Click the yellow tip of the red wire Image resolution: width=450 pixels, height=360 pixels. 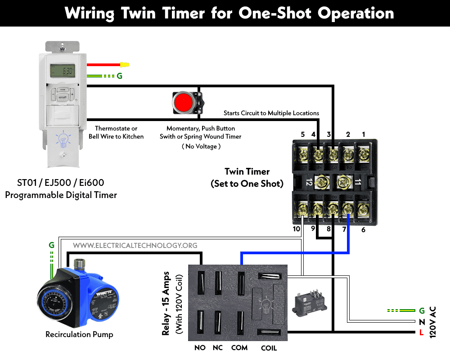coord(125,65)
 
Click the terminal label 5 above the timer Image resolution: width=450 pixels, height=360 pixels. coord(302,134)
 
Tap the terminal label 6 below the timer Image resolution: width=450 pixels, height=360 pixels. coord(363,230)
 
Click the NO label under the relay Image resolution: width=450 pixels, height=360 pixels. coord(200,348)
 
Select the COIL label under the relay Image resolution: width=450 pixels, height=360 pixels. coord(269,348)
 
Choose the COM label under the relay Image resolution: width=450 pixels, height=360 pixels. coord(239,348)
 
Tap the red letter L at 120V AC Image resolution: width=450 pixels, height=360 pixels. coord(421,333)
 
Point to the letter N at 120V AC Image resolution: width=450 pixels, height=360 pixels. coord(421,322)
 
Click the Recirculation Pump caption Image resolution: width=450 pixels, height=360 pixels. coord(79,334)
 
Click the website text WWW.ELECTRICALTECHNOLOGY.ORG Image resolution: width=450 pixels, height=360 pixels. coord(135,246)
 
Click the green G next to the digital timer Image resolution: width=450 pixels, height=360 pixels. coord(119,76)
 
